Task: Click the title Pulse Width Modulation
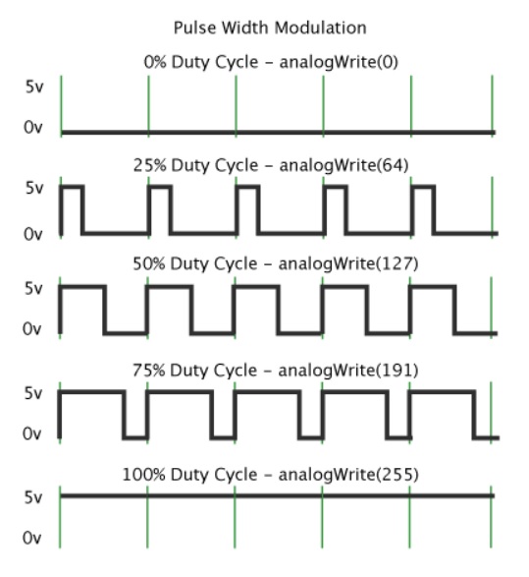pos(270,28)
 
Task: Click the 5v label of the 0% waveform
pos(34,87)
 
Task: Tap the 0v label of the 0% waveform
pos(33,128)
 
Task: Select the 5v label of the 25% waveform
pos(34,188)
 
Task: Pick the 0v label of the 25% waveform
pos(33,234)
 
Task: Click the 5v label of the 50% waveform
pos(33,288)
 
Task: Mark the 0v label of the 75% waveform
pos(32,433)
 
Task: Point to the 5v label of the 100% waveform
pos(33,497)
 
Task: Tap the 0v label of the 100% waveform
pos(32,539)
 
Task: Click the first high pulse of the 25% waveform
pos(72,188)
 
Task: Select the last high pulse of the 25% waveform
pos(423,188)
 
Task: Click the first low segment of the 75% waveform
pos(135,437)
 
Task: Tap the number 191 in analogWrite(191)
pos(394,371)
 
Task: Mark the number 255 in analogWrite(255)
pos(395,475)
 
